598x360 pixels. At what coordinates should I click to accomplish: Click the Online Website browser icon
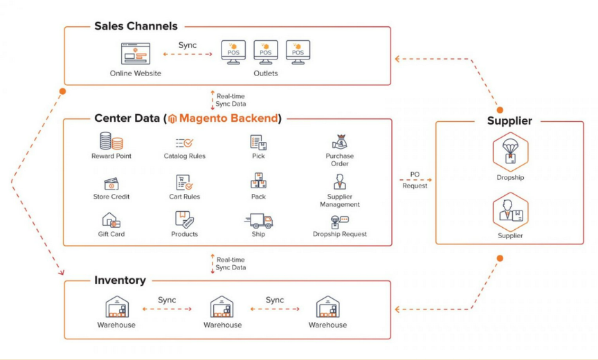(x=136, y=53)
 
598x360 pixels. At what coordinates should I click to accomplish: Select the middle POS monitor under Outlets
(x=266, y=51)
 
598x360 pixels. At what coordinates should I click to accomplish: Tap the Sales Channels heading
(x=136, y=26)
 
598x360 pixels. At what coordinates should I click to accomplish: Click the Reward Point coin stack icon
(x=111, y=141)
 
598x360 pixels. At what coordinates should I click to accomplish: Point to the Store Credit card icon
(x=111, y=183)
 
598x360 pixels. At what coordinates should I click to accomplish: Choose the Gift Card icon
(x=111, y=221)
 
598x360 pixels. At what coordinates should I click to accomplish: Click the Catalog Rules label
(x=184, y=156)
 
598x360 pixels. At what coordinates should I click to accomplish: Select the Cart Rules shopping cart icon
(x=184, y=182)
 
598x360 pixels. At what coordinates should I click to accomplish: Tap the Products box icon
(x=184, y=220)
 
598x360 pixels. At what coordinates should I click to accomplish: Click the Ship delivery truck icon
(x=259, y=221)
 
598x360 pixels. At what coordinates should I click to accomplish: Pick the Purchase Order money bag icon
(x=339, y=142)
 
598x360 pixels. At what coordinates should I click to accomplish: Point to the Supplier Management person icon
(x=339, y=182)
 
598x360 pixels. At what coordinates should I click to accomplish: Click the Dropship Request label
(x=340, y=234)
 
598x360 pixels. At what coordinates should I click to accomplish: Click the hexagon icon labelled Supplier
(x=511, y=211)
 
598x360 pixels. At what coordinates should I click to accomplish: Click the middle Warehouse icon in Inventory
(x=222, y=307)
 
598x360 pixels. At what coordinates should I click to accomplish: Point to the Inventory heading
(x=120, y=280)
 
